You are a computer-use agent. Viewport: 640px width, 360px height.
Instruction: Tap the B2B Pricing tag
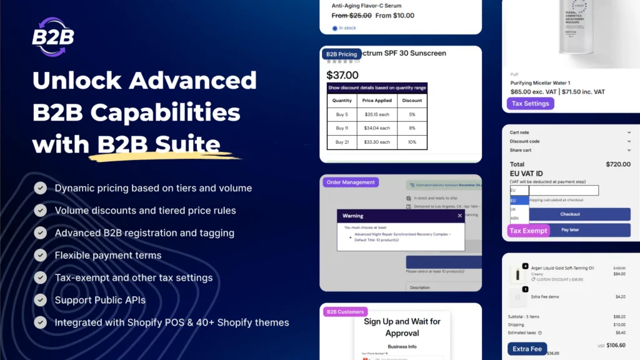(341, 54)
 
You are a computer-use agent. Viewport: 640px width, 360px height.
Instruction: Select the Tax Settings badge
(531, 104)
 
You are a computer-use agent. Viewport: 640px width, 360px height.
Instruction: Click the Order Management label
(351, 182)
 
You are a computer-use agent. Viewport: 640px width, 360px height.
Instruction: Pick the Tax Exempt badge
(528, 231)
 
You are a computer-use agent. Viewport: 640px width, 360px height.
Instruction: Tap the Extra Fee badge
(527, 349)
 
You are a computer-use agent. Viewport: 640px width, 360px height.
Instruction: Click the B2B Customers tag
(343, 311)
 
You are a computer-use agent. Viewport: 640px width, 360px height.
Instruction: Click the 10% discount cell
(412, 142)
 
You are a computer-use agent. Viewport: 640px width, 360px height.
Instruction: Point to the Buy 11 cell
(342, 128)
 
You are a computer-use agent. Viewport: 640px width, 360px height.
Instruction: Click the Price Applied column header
(377, 100)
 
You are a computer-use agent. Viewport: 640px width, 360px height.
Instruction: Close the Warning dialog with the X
(460, 216)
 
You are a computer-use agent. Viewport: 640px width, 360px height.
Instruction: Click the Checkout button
(570, 214)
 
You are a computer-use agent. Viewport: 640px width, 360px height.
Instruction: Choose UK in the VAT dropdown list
(514, 209)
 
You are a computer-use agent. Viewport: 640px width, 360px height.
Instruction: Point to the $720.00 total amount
(618, 164)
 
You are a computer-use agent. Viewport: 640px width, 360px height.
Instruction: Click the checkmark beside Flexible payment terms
(41, 255)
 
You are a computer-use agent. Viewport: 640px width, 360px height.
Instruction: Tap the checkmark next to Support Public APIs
(41, 300)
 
